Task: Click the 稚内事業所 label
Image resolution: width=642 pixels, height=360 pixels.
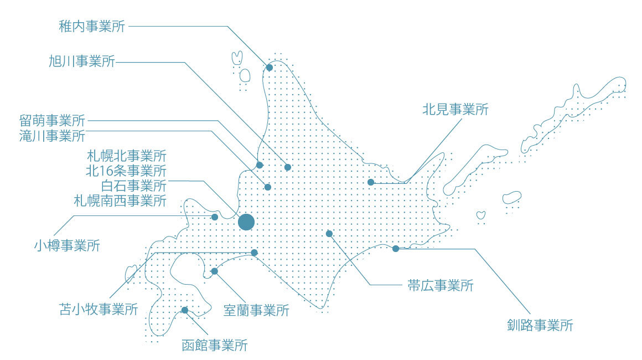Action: click(x=91, y=26)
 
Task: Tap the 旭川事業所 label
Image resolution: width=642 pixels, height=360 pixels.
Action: click(x=81, y=61)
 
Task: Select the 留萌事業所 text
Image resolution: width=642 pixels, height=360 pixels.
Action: click(x=52, y=121)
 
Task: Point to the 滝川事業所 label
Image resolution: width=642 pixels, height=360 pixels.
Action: click(x=52, y=135)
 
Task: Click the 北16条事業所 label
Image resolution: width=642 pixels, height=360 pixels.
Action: click(x=126, y=170)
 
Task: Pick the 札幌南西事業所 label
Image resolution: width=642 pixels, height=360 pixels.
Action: click(x=120, y=200)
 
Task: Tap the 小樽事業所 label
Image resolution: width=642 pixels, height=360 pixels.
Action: click(x=67, y=245)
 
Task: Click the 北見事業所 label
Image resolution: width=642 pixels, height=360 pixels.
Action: click(x=455, y=109)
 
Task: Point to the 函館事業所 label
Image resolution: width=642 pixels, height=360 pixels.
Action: click(x=214, y=345)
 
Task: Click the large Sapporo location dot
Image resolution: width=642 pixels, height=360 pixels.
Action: click(x=246, y=222)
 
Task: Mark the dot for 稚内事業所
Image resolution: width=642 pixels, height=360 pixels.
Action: click(x=270, y=68)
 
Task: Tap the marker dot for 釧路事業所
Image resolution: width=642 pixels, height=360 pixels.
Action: click(x=396, y=249)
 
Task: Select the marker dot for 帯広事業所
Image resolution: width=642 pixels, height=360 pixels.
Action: click(x=329, y=234)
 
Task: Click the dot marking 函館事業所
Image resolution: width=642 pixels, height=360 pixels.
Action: click(x=185, y=310)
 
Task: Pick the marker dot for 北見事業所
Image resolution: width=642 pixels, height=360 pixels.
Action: click(x=371, y=182)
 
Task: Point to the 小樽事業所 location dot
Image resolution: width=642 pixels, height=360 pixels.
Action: click(x=215, y=217)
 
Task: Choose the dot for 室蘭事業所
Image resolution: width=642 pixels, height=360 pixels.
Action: click(x=215, y=271)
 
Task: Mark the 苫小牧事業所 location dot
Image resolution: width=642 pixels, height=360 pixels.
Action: click(x=255, y=253)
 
